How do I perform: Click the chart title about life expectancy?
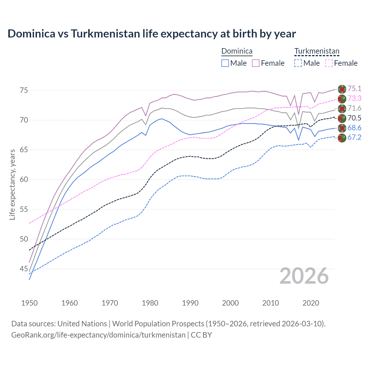coord(152,34)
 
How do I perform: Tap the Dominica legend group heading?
coord(237,51)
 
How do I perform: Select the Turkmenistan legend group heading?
coord(317,51)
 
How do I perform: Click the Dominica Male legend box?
coord(225,63)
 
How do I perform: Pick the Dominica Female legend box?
coord(256,63)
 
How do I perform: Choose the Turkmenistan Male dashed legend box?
coord(298,63)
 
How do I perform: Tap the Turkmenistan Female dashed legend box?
coord(329,63)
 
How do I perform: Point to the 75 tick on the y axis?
coord(24,90)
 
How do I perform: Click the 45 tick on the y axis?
coord(24,269)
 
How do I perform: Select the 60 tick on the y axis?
coord(24,179)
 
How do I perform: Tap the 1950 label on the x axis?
coord(29,303)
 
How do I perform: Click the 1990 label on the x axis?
coord(190,303)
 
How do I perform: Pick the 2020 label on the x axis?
coord(311,303)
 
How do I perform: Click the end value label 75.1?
coord(354,89)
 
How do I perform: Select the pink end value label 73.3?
coord(354,98)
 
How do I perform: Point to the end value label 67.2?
coord(354,137)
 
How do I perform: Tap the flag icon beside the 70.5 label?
coord(342,118)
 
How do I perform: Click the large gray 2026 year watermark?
coord(304,276)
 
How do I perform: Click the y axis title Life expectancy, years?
coord(12,184)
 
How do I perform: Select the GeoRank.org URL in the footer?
coord(98,335)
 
